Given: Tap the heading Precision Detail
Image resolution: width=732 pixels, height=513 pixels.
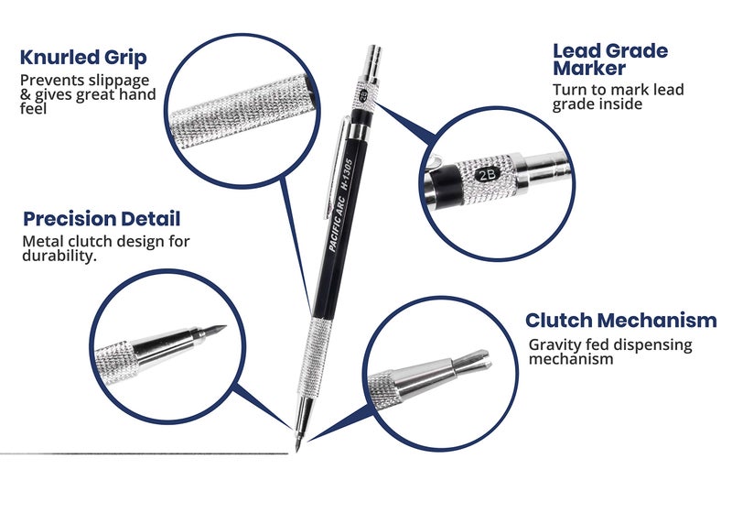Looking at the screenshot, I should tap(102, 219).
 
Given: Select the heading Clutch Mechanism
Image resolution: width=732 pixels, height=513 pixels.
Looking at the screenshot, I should tap(620, 321).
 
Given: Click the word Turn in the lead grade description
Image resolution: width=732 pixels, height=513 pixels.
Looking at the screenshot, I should tap(570, 90).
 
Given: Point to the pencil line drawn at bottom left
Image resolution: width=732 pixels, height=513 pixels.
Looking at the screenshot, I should tap(137, 453).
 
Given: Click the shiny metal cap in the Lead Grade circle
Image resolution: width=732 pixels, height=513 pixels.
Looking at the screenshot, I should tap(549, 169).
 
